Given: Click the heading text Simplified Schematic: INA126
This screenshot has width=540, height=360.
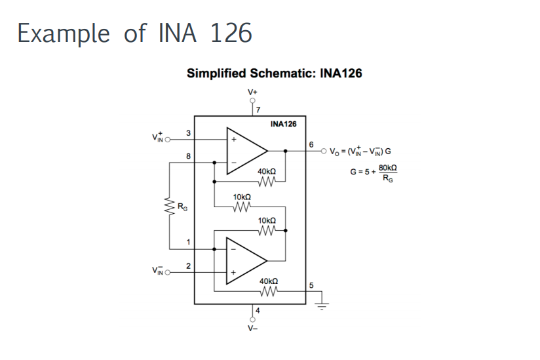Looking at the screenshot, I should [274, 73].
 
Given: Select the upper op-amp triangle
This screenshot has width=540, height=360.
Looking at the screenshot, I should [246, 150].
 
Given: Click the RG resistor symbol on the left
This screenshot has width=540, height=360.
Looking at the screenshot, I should [169, 208].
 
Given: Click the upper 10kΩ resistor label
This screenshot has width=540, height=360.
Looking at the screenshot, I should [242, 197].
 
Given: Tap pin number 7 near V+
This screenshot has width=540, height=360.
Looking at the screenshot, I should [258, 109].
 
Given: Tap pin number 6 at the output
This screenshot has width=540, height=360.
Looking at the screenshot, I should [311, 144].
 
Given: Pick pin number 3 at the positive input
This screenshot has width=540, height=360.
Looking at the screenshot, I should [189, 133].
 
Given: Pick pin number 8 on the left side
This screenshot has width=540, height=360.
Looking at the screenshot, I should [189, 156].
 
